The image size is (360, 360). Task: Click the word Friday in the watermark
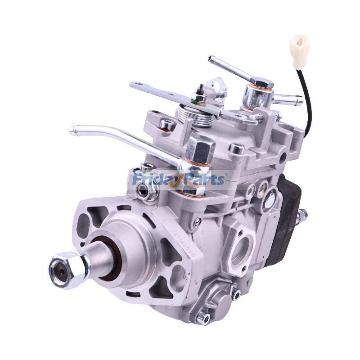point(156,180)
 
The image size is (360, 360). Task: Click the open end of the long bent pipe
point(72,130)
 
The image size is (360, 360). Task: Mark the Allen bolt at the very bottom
point(203,319)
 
